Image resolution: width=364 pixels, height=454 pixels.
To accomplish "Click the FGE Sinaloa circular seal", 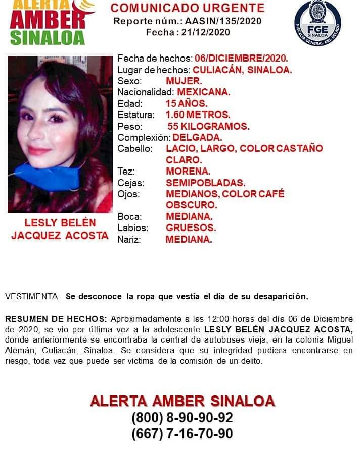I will coord(317,23).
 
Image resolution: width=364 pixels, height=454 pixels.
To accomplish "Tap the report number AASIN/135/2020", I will coord(223,21).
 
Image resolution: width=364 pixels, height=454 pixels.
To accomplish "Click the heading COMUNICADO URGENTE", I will coord(188,8).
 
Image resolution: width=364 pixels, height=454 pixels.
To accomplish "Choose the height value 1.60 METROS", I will coord(198,115).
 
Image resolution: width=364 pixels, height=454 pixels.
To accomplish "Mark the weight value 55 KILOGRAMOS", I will coord(208,126).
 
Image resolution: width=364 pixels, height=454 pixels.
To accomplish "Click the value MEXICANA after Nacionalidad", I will coord(203,92).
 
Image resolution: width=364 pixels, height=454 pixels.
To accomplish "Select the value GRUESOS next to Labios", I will coord(191,228).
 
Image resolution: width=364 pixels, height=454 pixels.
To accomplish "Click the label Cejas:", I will coord(130,183).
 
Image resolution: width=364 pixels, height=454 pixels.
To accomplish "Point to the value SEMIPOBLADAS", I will coord(205,183).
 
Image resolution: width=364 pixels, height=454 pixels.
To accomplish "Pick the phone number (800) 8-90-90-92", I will coord(182,418).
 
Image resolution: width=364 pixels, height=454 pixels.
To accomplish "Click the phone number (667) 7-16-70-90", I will coord(182,433).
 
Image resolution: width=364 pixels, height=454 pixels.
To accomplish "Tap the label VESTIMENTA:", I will coord(32,296).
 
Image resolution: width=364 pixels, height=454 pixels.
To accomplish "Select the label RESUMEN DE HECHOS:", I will coord(56,319).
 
